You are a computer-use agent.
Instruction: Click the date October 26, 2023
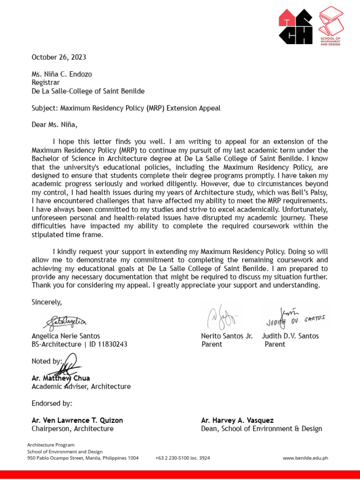pyautogui.click(x=59, y=58)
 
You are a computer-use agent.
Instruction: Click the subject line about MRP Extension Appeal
pyautogui.click(x=126, y=108)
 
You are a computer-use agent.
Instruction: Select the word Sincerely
pyautogui.click(x=46, y=301)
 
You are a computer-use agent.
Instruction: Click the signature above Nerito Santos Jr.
pyautogui.click(x=221, y=318)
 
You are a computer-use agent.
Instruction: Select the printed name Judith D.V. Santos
pyautogui.click(x=290, y=336)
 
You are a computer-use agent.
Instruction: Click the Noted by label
pyautogui.click(x=46, y=361)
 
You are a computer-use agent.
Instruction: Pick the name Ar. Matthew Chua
pyautogui.click(x=60, y=378)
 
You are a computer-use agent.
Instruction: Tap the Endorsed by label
pyautogui.click(x=52, y=404)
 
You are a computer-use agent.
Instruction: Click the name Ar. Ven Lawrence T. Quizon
pyautogui.click(x=77, y=420)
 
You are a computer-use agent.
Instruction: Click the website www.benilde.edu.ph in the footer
pyautogui.click(x=305, y=458)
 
